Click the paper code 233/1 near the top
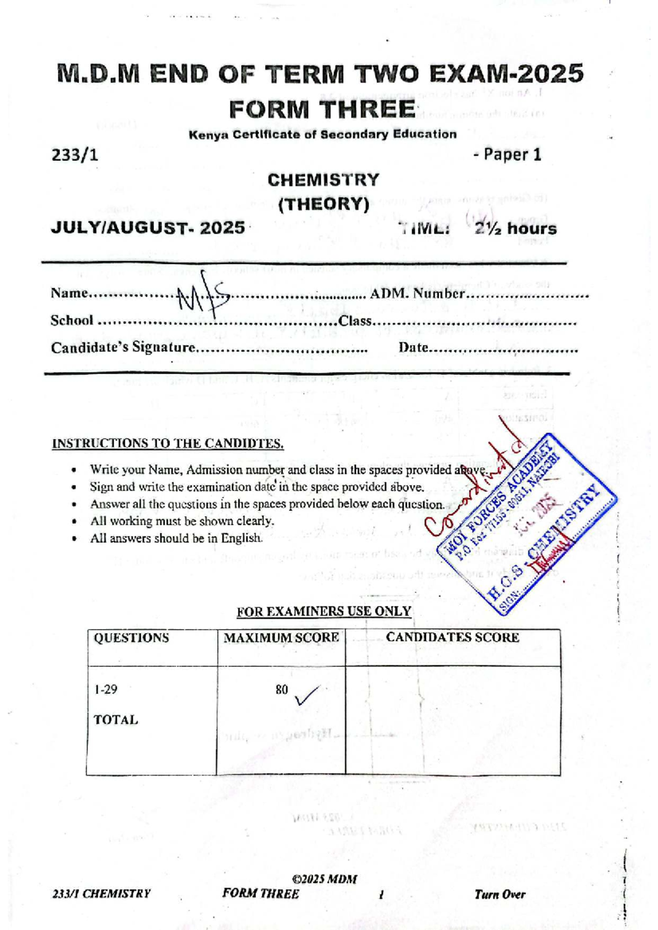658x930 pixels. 75,156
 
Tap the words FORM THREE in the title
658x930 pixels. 322,110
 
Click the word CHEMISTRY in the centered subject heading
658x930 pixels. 323,180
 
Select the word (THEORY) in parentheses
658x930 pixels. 324,204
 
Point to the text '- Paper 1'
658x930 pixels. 507,155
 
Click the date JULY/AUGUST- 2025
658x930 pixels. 148,228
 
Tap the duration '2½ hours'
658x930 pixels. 515,228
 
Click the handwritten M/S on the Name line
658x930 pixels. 202,296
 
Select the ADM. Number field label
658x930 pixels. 417,294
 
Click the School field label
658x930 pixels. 72,320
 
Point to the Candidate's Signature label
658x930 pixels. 123,348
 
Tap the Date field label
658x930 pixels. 413,347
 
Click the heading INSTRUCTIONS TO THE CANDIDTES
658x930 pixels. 168,444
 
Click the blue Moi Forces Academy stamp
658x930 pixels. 526,523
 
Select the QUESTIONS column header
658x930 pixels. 131,638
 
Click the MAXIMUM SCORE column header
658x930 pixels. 281,638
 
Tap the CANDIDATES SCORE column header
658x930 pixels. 452,638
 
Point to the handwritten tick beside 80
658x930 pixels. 306,696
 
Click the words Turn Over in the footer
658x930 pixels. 500,894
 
